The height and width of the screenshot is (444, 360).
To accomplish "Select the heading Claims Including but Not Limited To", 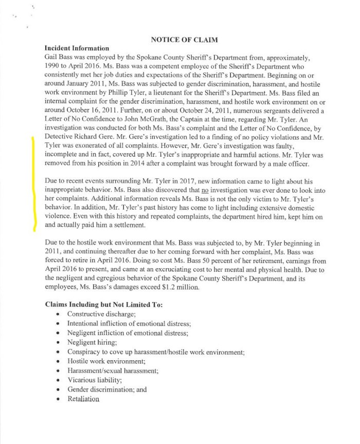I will (104, 304).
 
